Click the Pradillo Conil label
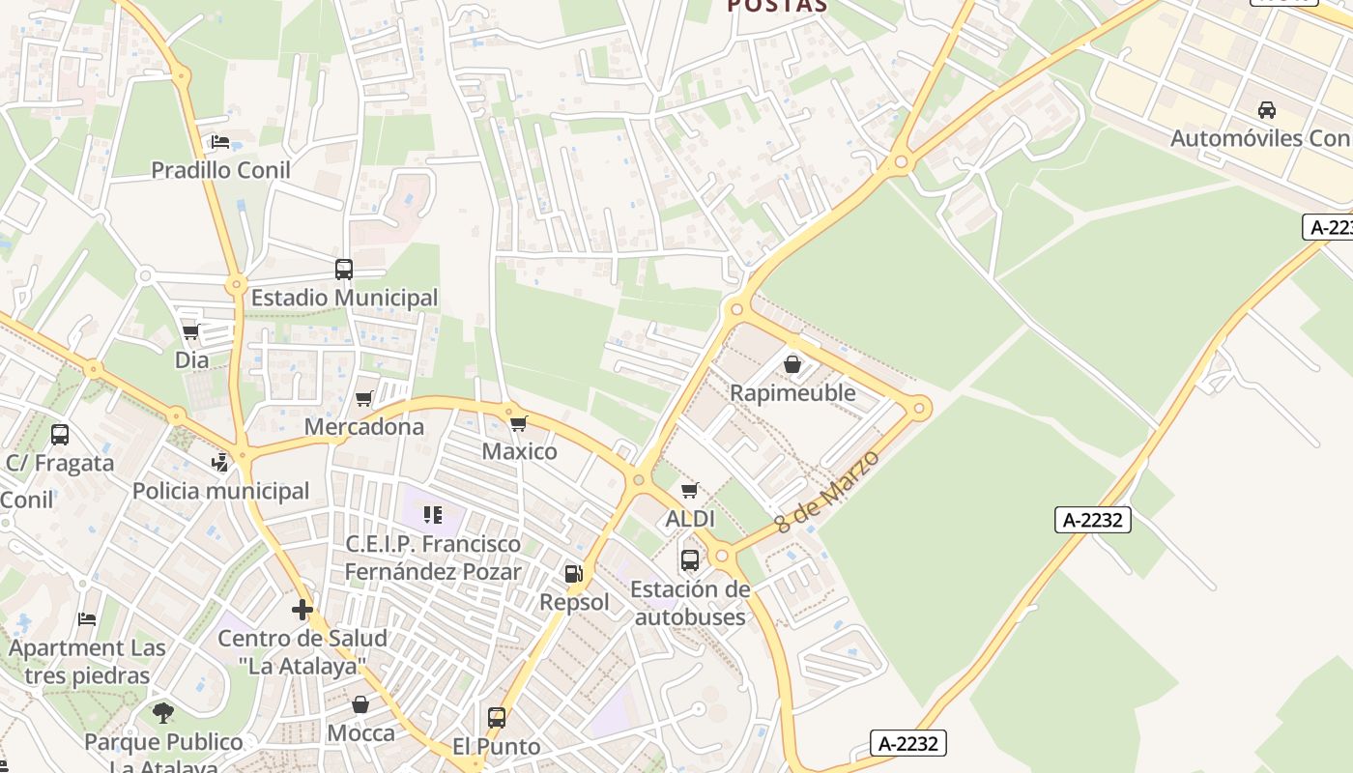(x=220, y=170)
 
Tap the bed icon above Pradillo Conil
(x=220, y=142)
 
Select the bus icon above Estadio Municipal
(x=344, y=270)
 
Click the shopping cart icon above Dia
(x=191, y=331)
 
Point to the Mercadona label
(x=364, y=426)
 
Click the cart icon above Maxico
(x=519, y=422)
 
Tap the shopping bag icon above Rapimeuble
(x=792, y=364)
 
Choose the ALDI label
(x=690, y=519)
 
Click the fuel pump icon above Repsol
(x=574, y=574)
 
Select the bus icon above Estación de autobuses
(x=690, y=559)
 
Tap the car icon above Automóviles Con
(x=1267, y=109)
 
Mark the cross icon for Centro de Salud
(x=302, y=610)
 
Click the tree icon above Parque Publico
(x=163, y=713)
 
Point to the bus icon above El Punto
(x=497, y=718)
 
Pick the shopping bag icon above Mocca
(x=360, y=704)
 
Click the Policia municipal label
(x=220, y=491)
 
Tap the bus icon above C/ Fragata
(x=60, y=435)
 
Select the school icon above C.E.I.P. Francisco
(x=432, y=514)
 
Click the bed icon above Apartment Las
(x=87, y=618)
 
